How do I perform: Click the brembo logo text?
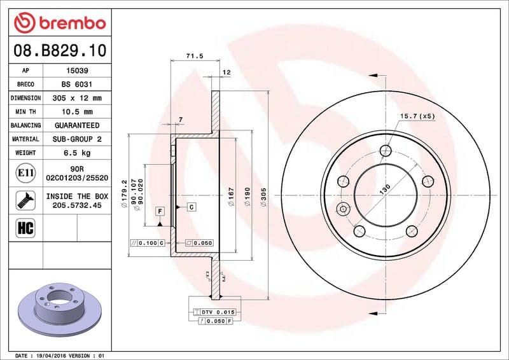[x=68, y=24]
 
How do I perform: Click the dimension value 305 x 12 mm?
[x=77, y=99]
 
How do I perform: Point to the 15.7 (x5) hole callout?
[x=417, y=116]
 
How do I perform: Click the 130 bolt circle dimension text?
[x=385, y=190]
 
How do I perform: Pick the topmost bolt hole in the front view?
[x=386, y=151]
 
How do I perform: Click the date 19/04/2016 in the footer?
[x=52, y=355]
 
